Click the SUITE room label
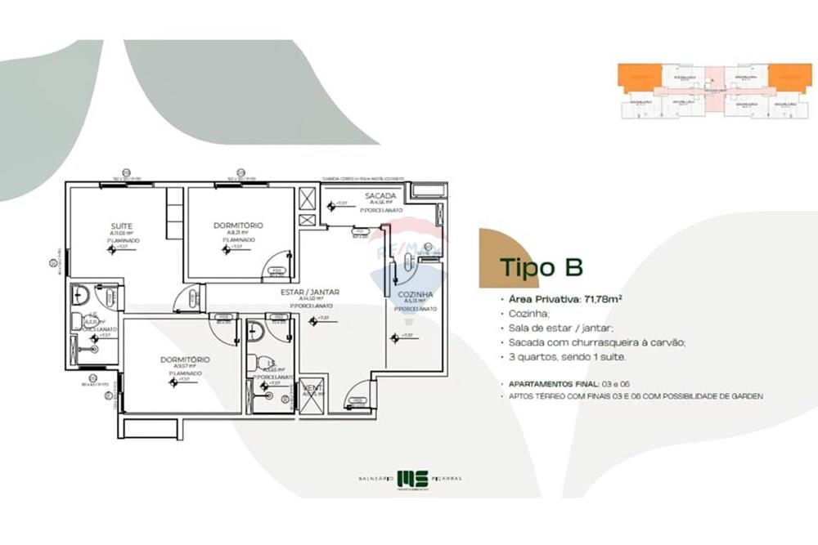[x=122, y=226]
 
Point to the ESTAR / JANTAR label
[x=310, y=292]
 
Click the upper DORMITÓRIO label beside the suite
[x=237, y=225]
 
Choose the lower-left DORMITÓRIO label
[x=186, y=360]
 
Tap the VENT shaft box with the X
[x=311, y=393]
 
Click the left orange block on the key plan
[x=639, y=78]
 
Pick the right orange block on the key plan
[x=789, y=78]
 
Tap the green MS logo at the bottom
[x=407, y=478]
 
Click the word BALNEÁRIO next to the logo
[x=375, y=478]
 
